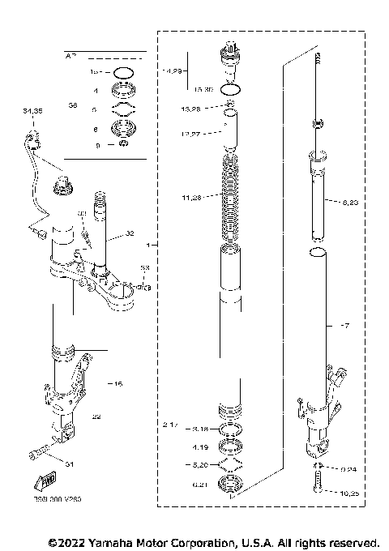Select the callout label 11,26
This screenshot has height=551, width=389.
coord(194,196)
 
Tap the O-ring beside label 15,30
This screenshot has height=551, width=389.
coord(231,88)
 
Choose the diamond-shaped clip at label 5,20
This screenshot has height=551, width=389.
coord(231,465)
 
